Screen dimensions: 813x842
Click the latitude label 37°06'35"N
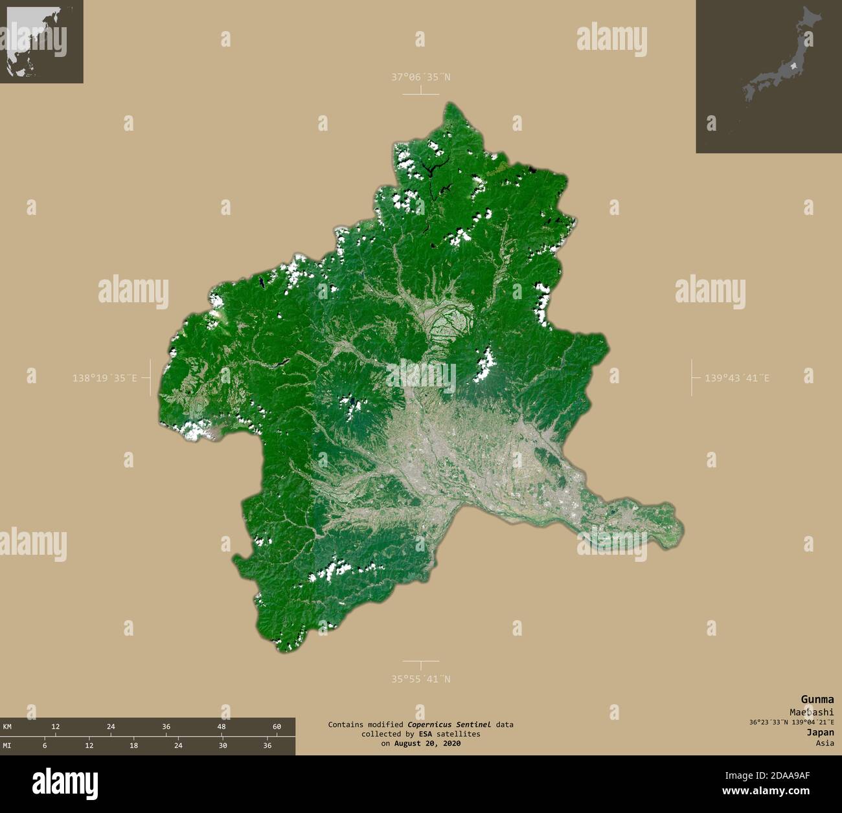[420, 77]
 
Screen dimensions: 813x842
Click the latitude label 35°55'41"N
[420, 679]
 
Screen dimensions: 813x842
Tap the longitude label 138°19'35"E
[104, 377]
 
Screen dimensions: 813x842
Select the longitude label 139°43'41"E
[737, 377]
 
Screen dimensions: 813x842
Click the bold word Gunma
[817, 699]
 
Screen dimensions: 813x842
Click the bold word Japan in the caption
[820, 733]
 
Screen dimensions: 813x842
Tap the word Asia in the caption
[825, 743]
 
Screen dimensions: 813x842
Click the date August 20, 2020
[427, 744]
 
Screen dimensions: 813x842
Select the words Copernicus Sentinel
[449, 724]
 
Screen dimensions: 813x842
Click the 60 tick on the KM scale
[277, 727]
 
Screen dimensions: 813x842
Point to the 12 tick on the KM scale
[56, 727]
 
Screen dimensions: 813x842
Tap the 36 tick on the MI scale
[267, 746]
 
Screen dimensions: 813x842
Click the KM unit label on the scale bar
[7, 727]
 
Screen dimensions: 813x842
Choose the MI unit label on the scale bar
[7, 746]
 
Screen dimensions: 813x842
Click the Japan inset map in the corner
[768, 76]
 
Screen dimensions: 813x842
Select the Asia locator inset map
[41, 41]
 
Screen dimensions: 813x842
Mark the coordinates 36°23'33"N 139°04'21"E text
[791, 722]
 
